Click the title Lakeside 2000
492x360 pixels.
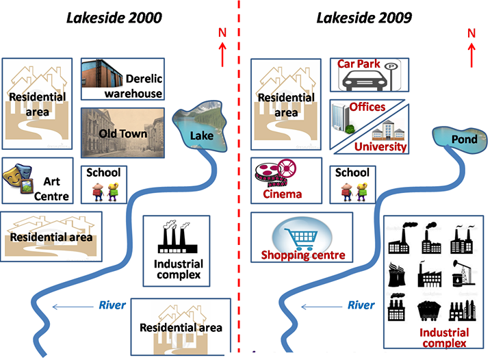(x=114, y=18)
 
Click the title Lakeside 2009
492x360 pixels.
(x=363, y=18)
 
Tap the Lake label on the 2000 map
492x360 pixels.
(x=201, y=136)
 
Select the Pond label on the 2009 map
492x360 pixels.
(x=464, y=140)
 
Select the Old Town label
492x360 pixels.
(x=122, y=133)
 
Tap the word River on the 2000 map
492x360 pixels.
(x=112, y=305)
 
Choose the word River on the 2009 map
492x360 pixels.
(x=361, y=305)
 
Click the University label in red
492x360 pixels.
(x=381, y=146)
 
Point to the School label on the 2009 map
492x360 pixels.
(x=352, y=172)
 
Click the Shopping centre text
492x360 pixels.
(x=302, y=255)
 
